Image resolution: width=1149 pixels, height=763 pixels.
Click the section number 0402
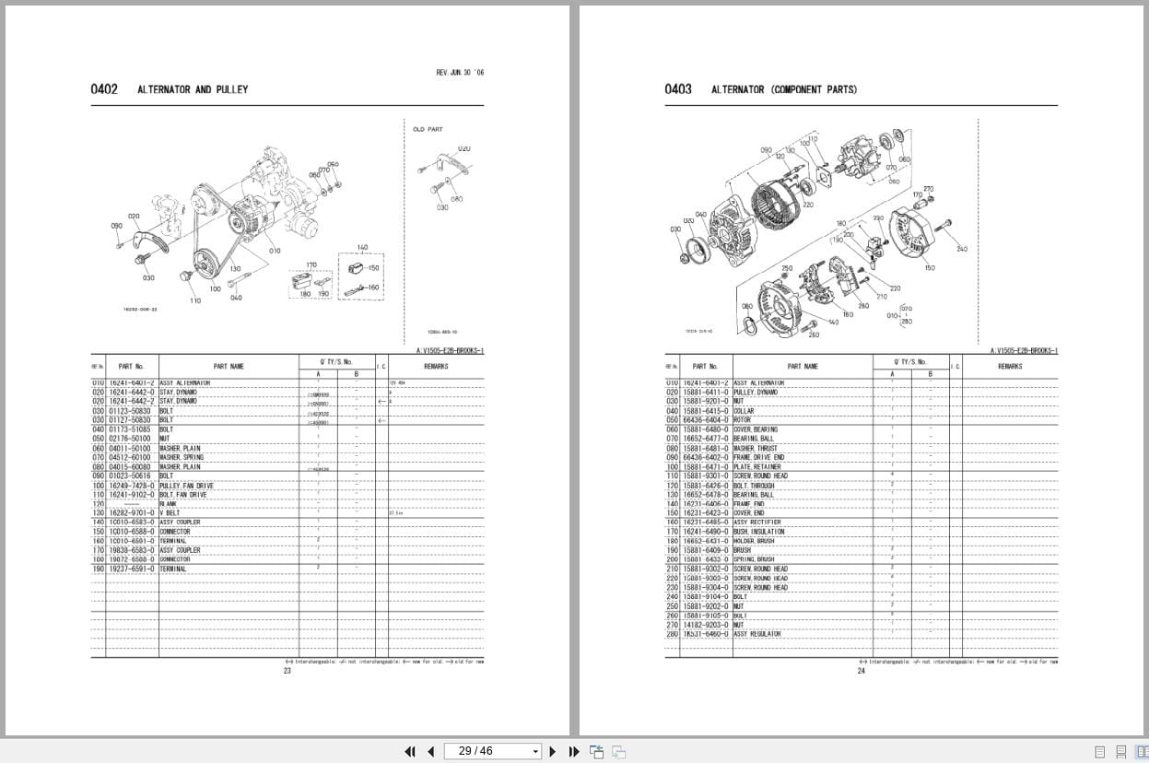pyautogui.click(x=104, y=89)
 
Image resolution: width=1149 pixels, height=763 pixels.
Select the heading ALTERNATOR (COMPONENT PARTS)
pyautogui.click(x=783, y=89)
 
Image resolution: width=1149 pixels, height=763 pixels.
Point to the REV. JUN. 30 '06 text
pyautogui.click(x=459, y=72)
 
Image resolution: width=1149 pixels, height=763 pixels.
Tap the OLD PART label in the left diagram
pyautogui.click(x=428, y=130)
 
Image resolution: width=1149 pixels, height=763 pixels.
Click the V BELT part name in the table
pyautogui.click(x=170, y=513)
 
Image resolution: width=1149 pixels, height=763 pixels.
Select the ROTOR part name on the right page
pyautogui.click(x=743, y=420)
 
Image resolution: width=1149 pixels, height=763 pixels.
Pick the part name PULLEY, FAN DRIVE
pyautogui.click(x=186, y=486)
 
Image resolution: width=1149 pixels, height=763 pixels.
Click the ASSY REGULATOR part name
pyautogui.click(x=756, y=634)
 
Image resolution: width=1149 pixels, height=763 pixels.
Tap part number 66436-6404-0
pyautogui.click(x=706, y=420)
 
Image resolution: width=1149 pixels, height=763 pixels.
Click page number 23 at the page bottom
pyautogui.click(x=287, y=671)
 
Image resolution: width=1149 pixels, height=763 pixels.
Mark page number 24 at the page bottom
pyautogui.click(x=862, y=671)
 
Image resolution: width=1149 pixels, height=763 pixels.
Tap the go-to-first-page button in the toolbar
pyautogui.click(x=410, y=751)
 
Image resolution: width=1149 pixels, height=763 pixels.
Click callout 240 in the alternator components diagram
pyautogui.click(x=961, y=249)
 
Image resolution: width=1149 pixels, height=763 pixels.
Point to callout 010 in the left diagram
pyautogui.click(x=275, y=251)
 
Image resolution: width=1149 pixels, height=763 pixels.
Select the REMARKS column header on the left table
pyautogui.click(x=436, y=366)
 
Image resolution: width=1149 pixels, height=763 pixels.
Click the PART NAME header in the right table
pyautogui.click(x=801, y=366)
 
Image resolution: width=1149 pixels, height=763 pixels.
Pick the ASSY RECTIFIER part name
pyautogui.click(x=756, y=522)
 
